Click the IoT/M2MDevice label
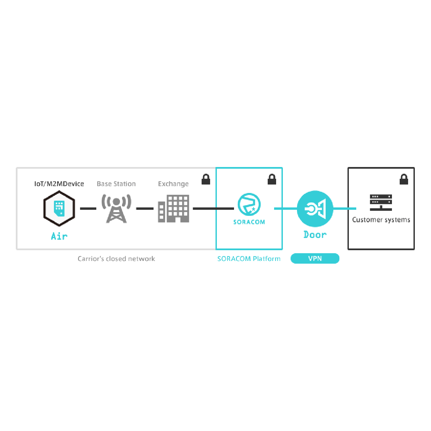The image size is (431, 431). point(59,184)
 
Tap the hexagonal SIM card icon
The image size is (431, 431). point(59,208)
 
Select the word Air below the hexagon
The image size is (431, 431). point(59,236)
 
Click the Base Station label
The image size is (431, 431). point(116,184)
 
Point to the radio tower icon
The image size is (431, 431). point(116,208)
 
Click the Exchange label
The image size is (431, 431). point(173,184)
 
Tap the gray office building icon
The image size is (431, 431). point(173,208)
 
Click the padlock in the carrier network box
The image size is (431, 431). point(206,179)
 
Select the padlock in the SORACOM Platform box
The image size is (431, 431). point(272,179)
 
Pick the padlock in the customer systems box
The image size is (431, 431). point(404,179)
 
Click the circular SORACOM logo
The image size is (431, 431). point(249,204)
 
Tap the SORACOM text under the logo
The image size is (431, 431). point(249,222)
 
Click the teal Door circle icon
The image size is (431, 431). point(315,208)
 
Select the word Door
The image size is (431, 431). point(315,235)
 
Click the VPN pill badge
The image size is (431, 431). point(315,259)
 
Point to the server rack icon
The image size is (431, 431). point(381,202)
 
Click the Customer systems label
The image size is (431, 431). point(381,220)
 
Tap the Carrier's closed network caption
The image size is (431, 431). point(116,259)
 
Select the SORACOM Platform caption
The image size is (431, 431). point(249,259)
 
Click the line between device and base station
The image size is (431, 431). point(88,208)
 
